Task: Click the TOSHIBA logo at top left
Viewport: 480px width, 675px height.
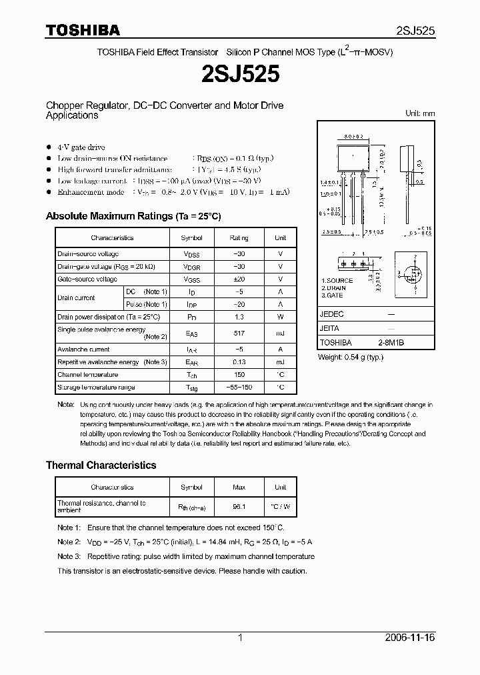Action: pos(83,30)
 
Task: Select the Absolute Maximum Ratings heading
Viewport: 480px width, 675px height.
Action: pos(133,216)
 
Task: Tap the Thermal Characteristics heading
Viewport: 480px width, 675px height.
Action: pos(101,465)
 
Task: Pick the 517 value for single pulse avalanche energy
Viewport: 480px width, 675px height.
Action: pos(239,333)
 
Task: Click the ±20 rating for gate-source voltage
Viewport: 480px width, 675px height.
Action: pos(239,279)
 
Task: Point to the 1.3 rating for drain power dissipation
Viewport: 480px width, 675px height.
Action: pos(239,317)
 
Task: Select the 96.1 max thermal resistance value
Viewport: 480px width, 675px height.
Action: pos(239,507)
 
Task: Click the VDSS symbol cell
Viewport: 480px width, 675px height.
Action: pos(191,254)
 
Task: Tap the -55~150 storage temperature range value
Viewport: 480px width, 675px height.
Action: pos(239,388)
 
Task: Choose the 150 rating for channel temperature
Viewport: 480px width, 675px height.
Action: pos(239,375)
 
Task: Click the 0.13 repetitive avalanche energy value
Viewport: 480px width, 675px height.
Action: pos(239,362)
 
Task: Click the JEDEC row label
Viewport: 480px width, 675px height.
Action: pos(331,313)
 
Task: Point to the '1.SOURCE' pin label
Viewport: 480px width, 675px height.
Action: pos(337,281)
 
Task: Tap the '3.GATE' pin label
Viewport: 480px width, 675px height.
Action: pos(333,295)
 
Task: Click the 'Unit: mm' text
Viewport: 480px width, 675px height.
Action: pos(420,113)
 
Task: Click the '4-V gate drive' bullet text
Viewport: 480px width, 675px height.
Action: pos(81,147)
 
